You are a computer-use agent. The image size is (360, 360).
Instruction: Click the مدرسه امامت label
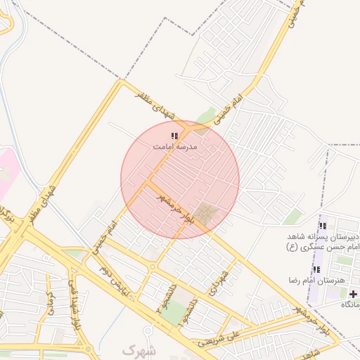click(175, 147)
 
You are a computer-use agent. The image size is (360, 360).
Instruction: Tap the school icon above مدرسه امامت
click(175, 136)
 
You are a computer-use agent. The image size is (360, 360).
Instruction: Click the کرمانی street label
click(50, 304)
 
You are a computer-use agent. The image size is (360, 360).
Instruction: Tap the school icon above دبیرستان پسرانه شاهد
click(323, 226)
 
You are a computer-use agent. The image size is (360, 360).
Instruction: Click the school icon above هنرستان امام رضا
click(315, 269)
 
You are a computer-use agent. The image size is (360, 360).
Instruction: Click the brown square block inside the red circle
click(207, 214)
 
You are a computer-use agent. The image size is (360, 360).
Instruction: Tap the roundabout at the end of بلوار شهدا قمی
click(87, 349)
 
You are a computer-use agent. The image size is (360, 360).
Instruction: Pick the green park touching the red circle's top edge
click(205, 117)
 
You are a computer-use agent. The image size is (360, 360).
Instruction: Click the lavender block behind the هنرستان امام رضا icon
click(318, 269)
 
